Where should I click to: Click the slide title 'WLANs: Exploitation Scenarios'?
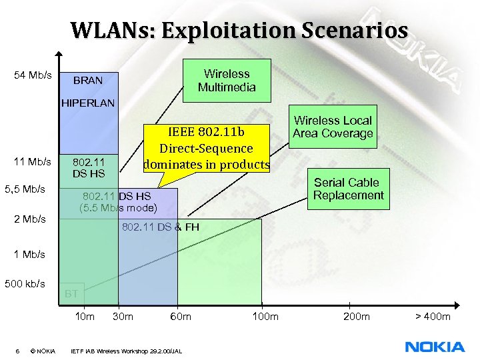(x=239, y=30)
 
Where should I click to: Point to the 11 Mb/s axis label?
(x=33, y=162)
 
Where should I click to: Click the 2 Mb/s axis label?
(x=30, y=219)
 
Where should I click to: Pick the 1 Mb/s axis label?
(x=30, y=254)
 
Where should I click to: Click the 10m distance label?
(x=85, y=316)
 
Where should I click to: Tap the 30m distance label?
(x=123, y=316)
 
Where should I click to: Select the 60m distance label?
(x=181, y=316)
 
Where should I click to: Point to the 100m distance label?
(x=265, y=316)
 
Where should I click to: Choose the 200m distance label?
(x=356, y=316)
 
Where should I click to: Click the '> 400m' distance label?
(x=432, y=316)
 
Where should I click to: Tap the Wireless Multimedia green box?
(x=227, y=81)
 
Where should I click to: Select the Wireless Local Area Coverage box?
(x=333, y=127)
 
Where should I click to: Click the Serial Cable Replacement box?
(x=348, y=189)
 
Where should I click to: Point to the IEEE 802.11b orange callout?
(x=206, y=148)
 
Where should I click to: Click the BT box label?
(x=72, y=293)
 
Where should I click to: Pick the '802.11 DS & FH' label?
(x=160, y=228)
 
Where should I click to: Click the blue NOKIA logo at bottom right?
(x=435, y=347)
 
